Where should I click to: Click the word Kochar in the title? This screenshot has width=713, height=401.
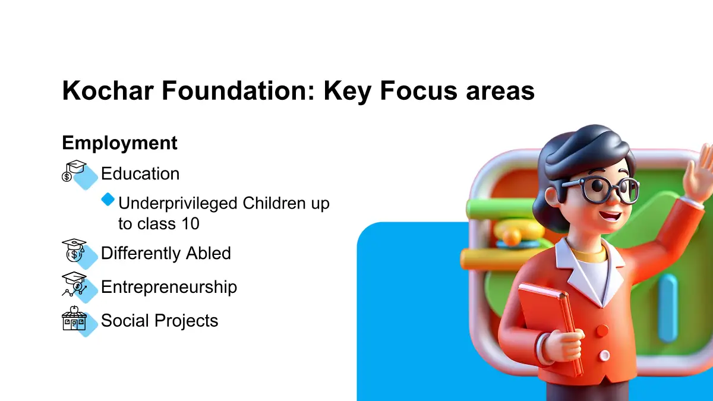coord(108,90)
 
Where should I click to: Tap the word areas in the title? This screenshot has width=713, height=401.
coord(500,92)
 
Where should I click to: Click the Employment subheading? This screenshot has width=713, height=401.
coord(119,143)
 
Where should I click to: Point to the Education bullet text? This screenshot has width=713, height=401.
coord(140,173)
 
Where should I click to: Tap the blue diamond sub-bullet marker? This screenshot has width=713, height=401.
coord(108,200)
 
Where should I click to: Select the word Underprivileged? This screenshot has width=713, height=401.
coord(178,204)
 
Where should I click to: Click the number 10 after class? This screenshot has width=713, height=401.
coord(190,223)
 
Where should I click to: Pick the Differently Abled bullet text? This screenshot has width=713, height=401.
coord(166,253)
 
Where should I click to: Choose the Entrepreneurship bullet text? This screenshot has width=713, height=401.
coord(169,287)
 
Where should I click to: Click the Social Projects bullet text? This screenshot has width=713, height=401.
coord(159,320)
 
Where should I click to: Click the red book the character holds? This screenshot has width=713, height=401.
coord(548,328)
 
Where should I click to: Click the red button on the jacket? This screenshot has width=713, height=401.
coord(602,331)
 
